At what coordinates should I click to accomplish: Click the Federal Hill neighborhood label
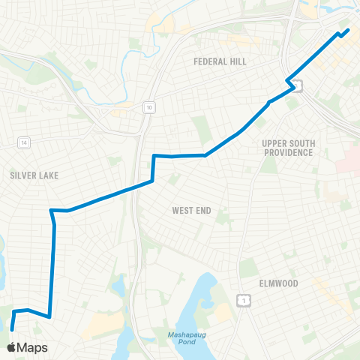(x=220, y=61)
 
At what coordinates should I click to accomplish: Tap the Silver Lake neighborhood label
(x=34, y=175)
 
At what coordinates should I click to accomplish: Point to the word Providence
(x=287, y=152)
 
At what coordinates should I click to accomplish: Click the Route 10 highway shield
(x=150, y=107)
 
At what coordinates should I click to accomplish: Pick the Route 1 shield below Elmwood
(x=243, y=301)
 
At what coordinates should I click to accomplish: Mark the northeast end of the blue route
(x=348, y=30)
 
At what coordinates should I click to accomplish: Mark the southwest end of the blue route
(x=12, y=328)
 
